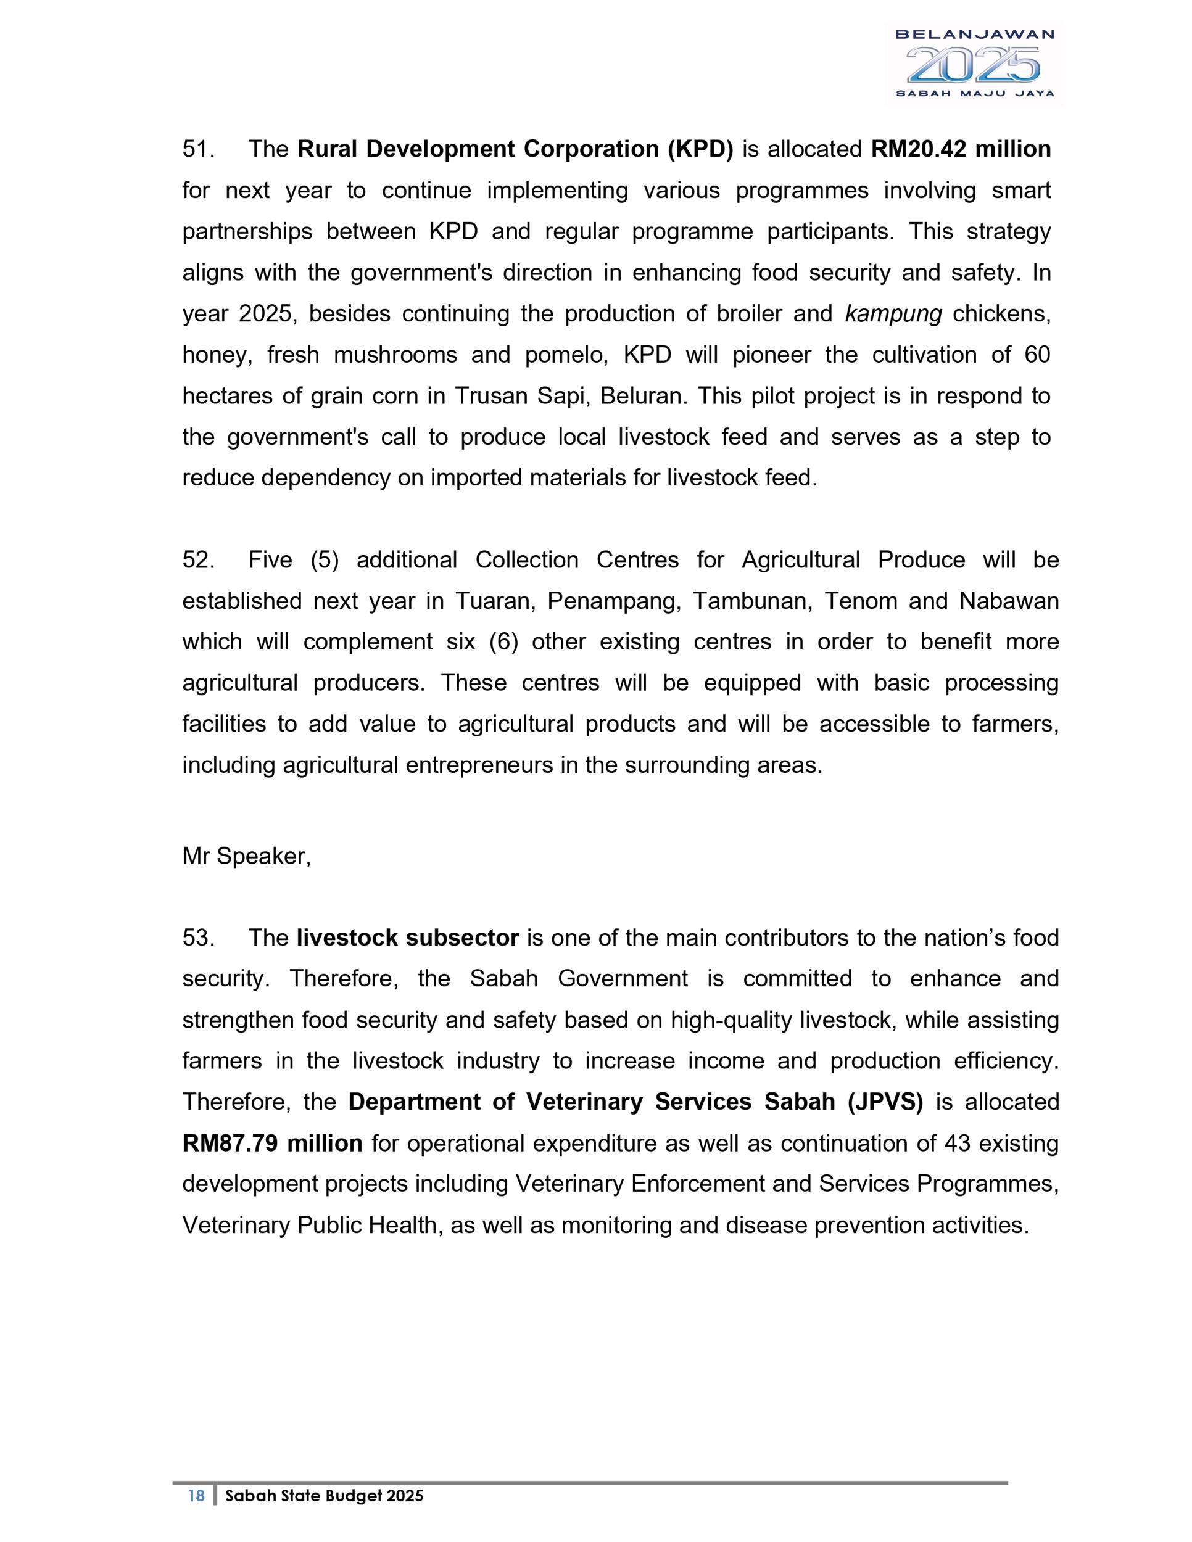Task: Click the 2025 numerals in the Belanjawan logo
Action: pyautogui.click(x=972, y=65)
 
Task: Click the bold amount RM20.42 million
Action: pyautogui.click(x=961, y=150)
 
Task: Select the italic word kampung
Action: pyautogui.click(x=893, y=314)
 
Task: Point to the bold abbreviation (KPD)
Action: pyautogui.click(x=700, y=150)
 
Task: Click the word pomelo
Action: pyautogui.click(x=566, y=355)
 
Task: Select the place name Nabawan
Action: pyautogui.click(x=1009, y=601)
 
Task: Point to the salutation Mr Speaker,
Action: pyautogui.click(x=246, y=857)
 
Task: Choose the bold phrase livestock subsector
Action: pyautogui.click(x=407, y=938)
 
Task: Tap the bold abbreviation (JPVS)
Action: pyautogui.click(x=885, y=1102)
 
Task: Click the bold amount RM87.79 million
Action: pyautogui.click(x=273, y=1143)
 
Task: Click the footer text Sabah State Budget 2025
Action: pyautogui.click(x=324, y=1496)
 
